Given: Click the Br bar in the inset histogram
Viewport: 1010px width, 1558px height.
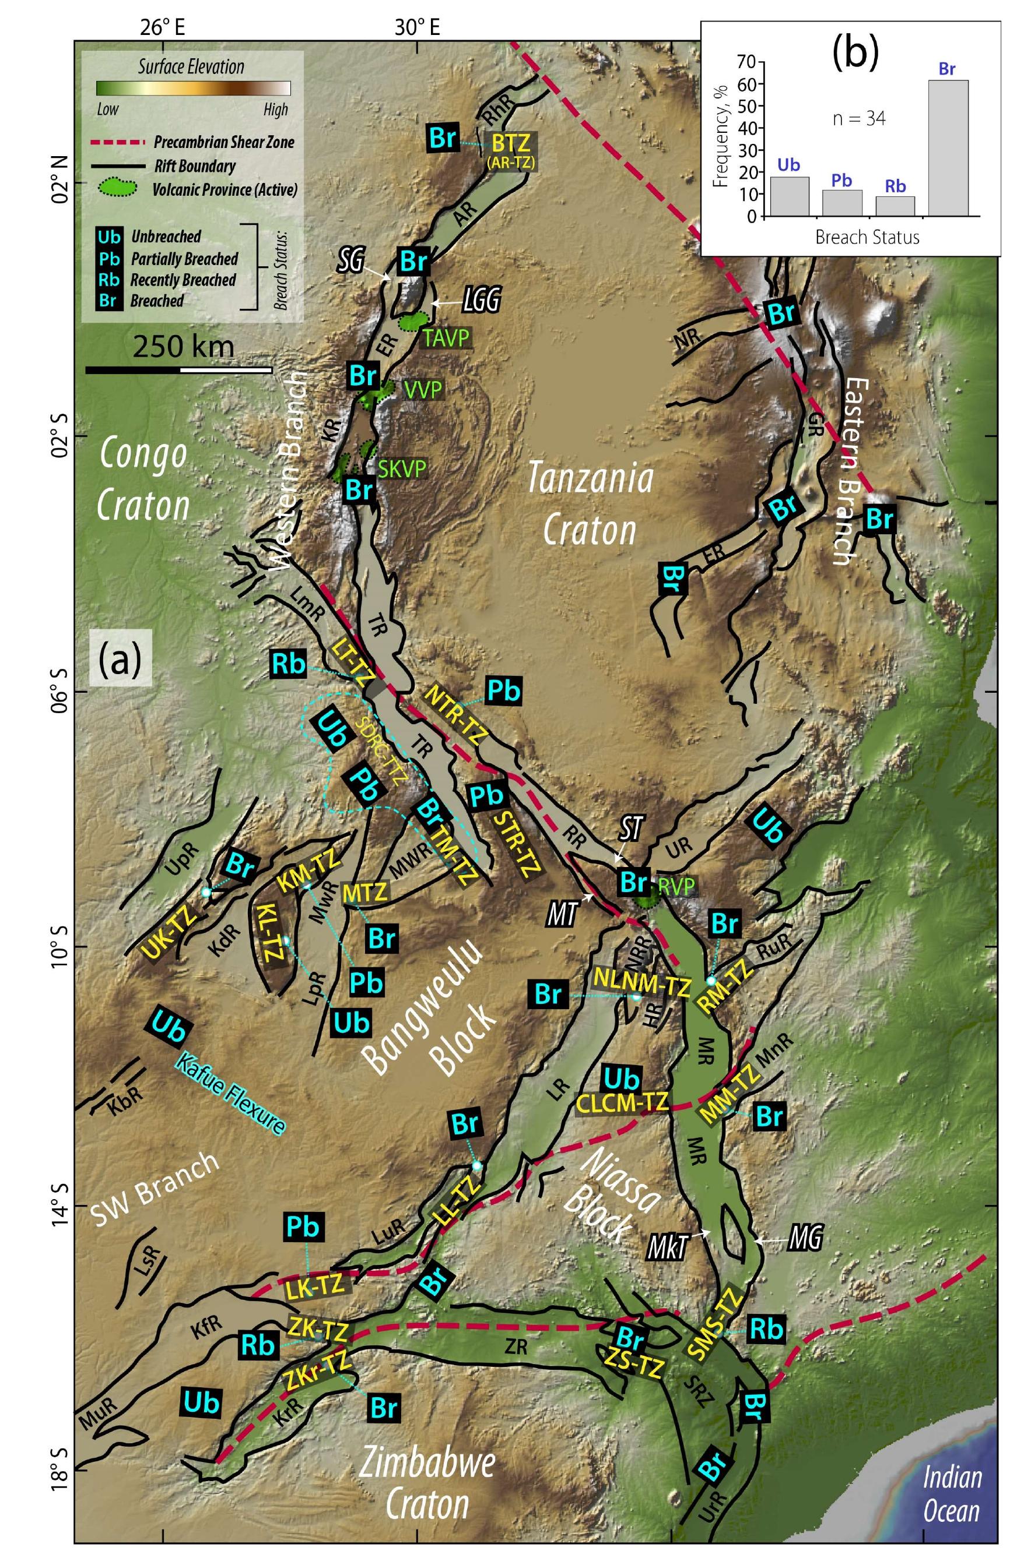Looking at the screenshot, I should (946, 147).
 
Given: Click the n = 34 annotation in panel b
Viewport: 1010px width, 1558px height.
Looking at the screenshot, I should (859, 118).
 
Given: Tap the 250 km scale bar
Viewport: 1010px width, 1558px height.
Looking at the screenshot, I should (178, 370).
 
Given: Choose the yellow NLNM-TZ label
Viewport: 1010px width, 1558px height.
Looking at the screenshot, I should (641, 978).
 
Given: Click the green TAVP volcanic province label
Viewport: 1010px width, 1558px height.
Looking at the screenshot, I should (446, 337).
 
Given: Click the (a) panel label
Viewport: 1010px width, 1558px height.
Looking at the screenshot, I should (120, 661).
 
